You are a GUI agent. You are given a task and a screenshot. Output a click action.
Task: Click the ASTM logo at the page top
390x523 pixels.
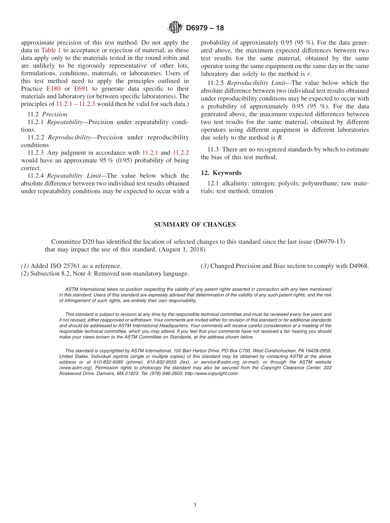[x=175, y=28]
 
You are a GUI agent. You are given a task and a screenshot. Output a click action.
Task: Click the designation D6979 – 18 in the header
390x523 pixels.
[x=205, y=28]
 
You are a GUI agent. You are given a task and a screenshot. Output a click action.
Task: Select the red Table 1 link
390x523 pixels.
[x=51, y=50]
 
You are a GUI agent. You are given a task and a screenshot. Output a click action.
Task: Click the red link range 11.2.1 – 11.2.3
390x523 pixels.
[x=76, y=104]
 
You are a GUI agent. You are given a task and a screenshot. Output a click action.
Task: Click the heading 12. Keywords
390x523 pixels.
[x=221, y=173]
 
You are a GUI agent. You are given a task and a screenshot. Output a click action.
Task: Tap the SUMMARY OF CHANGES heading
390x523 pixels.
[x=195, y=224]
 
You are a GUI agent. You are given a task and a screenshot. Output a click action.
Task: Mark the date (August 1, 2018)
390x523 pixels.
[x=182, y=250]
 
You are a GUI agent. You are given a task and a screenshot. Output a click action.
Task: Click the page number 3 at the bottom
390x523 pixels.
[x=195, y=505]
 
